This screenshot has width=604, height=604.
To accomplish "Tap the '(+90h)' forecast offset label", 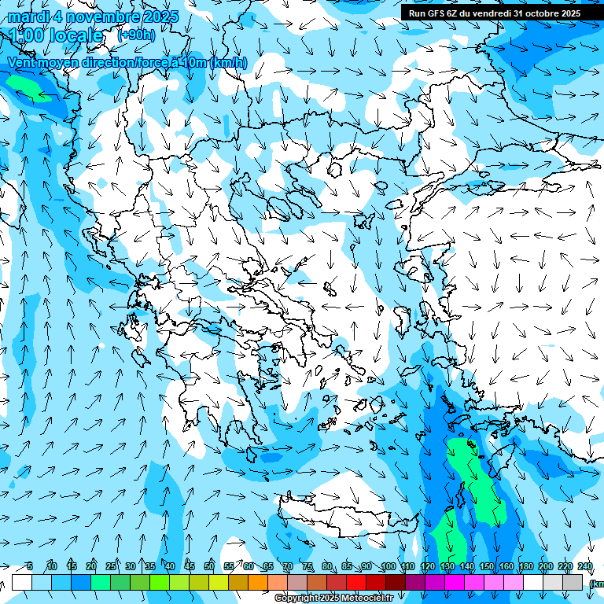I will [x=135, y=35].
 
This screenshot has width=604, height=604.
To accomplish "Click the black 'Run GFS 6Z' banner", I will [x=501, y=13].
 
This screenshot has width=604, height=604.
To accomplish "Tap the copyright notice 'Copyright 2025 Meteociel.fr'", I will [x=333, y=598].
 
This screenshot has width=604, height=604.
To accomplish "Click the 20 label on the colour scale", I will [x=91, y=567].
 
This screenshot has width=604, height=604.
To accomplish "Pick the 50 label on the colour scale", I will [x=209, y=567].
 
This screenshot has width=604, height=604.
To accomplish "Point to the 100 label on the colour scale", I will [x=388, y=567].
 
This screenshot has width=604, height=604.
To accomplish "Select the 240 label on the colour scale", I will [x=584, y=567].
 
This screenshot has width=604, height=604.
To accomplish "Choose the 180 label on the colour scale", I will [x=525, y=567].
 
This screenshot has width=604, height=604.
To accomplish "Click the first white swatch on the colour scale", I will [x=22, y=582].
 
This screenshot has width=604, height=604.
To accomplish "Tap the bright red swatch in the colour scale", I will [x=356, y=582].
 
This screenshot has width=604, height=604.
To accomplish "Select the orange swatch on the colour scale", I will [x=258, y=582].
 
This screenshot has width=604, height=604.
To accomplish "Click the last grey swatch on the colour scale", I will [x=573, y=582].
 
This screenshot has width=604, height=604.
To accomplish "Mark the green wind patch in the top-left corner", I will [x=30, y=87].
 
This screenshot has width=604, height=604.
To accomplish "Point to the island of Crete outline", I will [x=346, y=515].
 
